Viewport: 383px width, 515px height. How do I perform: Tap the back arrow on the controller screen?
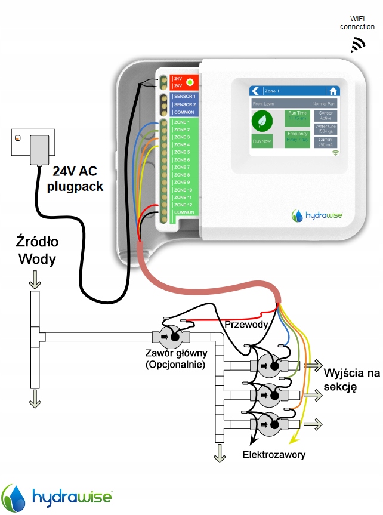[x=256, y=91]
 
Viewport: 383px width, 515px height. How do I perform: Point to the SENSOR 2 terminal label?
[x=184, y=104]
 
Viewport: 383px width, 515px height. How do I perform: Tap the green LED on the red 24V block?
[x=190, y=82]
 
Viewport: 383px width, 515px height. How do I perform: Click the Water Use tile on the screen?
[x=326, y=129]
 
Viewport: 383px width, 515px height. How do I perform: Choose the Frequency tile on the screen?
[x=297, y=136]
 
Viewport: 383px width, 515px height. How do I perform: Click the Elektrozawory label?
[x=274, y=455]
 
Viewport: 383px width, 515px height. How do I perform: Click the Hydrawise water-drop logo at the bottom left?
[x=13, y=497]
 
